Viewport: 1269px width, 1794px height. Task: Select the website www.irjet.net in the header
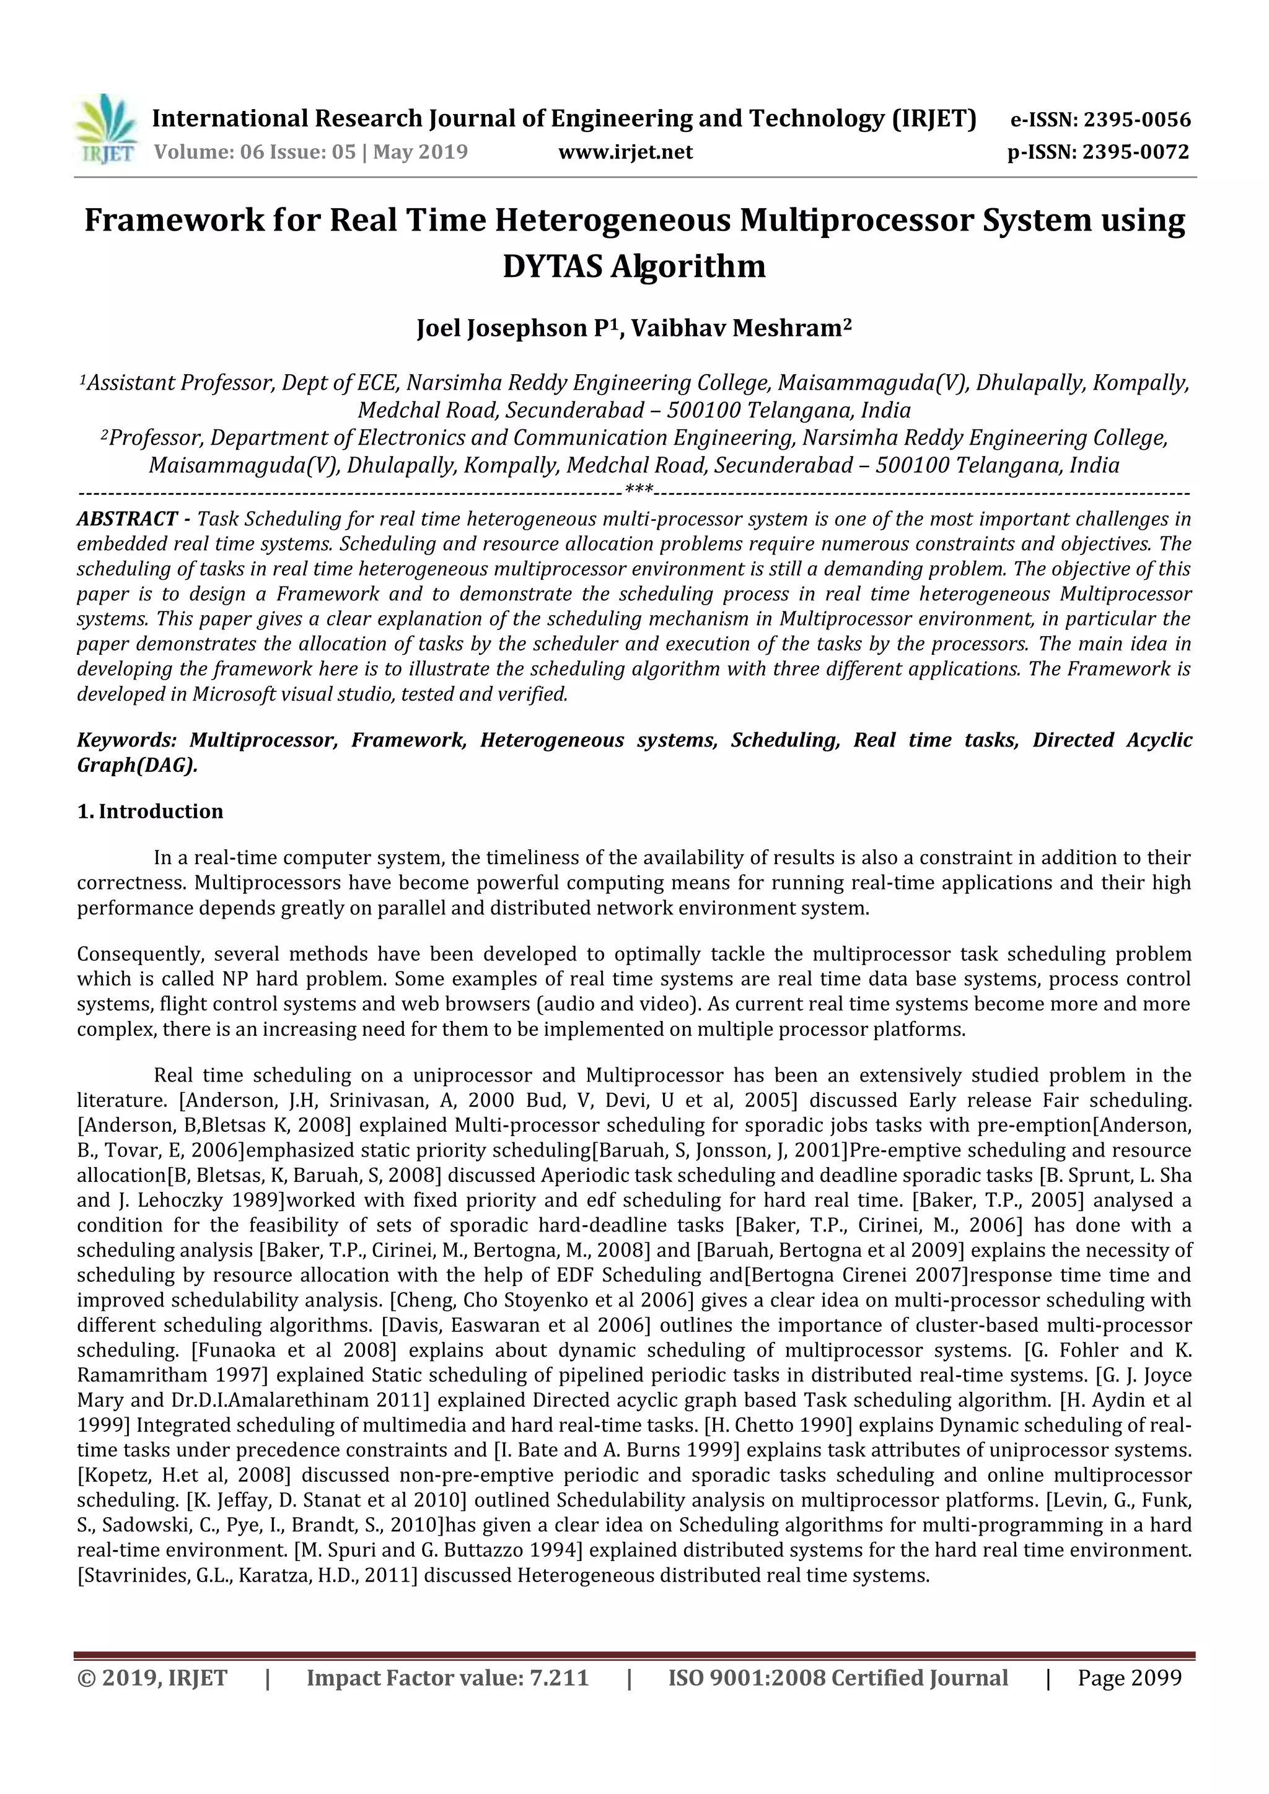tap(625, 152)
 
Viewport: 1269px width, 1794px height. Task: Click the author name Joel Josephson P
tap(512, 329)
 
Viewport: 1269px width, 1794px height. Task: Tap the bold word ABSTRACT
tap(126, 519)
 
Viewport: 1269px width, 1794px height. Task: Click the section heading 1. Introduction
tap(150, 811)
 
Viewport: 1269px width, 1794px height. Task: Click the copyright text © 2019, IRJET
tap(152, 1678)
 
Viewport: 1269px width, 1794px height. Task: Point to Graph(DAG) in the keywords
tap(136, 765)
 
